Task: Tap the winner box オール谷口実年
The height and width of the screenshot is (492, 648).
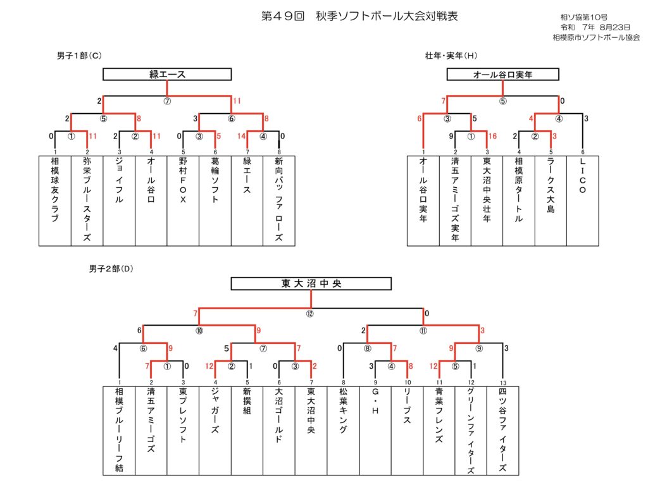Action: click(x=502, y=75)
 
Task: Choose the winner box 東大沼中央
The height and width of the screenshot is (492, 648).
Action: click(x=311, y=284)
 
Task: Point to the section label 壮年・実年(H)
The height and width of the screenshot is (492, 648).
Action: click(x=451, y=56)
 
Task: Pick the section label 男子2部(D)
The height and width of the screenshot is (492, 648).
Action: click(x=111, y=268)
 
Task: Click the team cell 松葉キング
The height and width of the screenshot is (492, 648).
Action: click(x=343, y=430)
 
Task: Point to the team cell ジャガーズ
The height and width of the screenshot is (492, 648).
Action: click(x=215, y=430)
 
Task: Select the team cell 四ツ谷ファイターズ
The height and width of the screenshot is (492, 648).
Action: click(x=502, y=430)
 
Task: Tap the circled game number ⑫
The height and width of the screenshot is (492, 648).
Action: click(x=310, y=314)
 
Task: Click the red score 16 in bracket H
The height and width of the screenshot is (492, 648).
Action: click(x=492, y=136)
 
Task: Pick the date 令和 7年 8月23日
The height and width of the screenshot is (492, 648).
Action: click(x=595, y=27)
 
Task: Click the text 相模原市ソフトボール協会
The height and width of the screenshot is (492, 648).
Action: click(x=595, y=37)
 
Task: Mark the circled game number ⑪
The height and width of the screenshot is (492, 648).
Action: click(x=423, y=330)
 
